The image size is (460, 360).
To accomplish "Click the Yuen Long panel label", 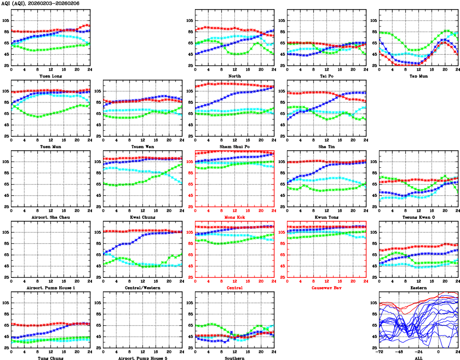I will [50, 76].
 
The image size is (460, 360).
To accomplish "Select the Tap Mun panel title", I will [418, 76].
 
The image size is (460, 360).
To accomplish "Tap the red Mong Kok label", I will [234, 217].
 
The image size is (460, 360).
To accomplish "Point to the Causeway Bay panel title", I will [326, 288].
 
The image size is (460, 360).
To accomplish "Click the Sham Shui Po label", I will [234, 146].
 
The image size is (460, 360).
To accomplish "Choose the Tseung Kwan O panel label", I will [418, 217].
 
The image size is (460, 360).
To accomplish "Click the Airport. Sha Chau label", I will [50, 217].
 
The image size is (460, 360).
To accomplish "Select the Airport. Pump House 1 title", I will [50, 288].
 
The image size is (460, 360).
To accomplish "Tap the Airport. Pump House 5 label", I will [142, 358].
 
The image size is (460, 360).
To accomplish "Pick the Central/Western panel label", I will [142, 288].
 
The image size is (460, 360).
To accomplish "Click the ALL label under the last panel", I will [418, 358].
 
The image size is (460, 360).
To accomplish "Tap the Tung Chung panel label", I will [50, 358].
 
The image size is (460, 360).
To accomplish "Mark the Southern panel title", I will [234, 358].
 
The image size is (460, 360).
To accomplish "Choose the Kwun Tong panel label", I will [326, 217].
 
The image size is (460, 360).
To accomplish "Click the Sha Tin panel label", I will [326, 146].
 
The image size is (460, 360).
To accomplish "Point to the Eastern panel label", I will [418, 288].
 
